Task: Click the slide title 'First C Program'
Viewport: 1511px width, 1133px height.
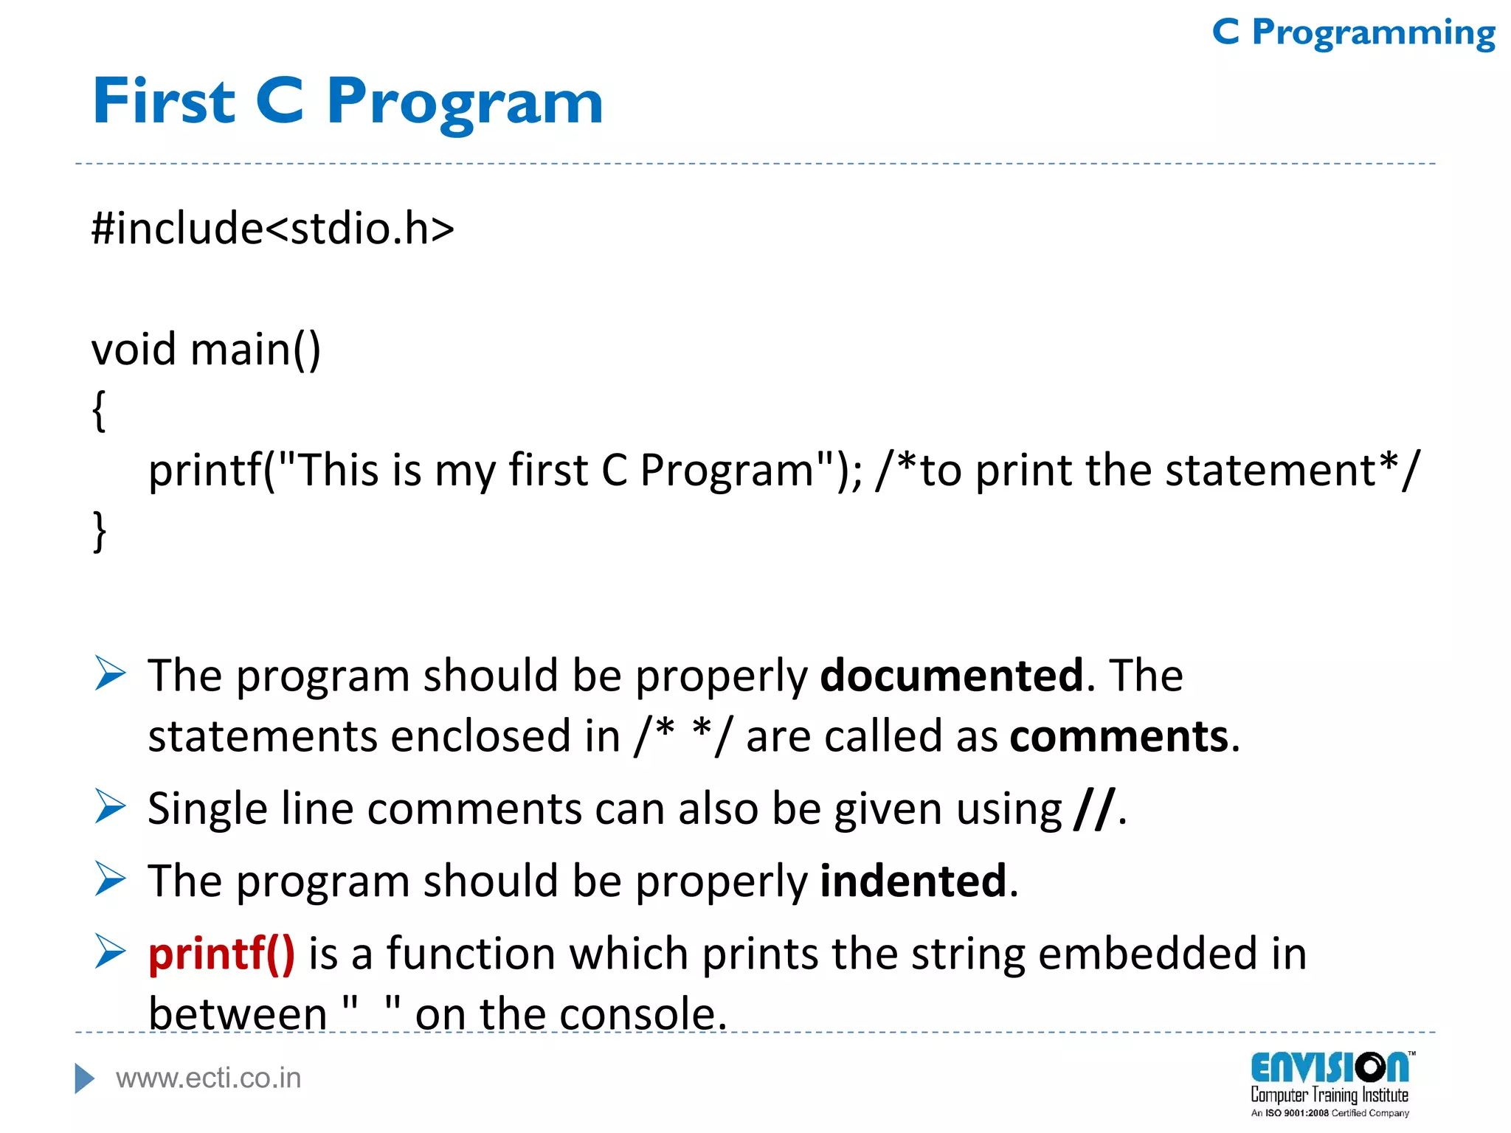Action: point(348,102)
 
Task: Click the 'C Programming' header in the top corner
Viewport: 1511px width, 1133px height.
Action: point(1353,33)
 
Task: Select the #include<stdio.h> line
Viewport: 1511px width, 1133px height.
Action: point(272,228)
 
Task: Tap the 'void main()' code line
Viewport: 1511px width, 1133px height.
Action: point(206,349)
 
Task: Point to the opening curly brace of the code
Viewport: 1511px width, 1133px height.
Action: point(99,410)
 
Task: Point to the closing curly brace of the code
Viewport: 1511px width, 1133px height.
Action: point(99,531)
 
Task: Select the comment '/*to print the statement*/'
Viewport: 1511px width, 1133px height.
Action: point(1147,470)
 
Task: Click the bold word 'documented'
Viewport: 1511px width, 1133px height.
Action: point(952,675)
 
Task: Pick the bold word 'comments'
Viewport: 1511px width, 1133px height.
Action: point(1118,736)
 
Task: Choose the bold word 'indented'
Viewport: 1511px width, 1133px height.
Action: point(913,881)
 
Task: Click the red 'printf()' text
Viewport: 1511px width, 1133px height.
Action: point(221,953)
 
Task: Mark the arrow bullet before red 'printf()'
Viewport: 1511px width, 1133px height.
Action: point(110,951)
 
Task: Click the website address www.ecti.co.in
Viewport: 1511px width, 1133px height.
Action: point(209,1078)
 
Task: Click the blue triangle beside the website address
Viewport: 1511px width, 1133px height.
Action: point(84,1078)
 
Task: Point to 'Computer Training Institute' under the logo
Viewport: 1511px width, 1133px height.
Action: point(1330,1095)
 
